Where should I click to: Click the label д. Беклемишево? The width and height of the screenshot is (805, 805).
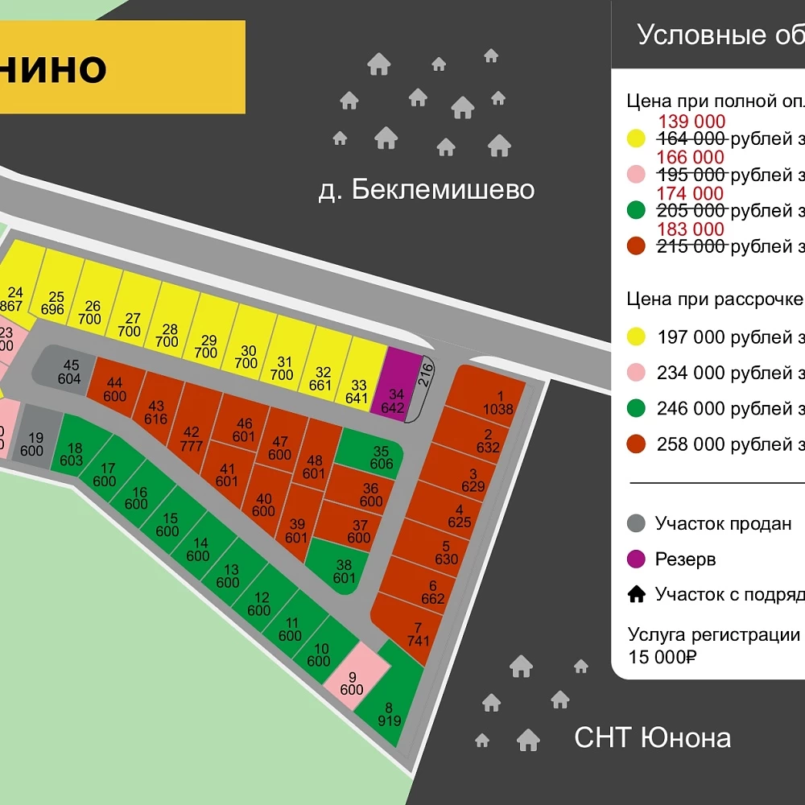point(426,190)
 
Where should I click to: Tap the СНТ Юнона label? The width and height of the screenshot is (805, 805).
point(652,737)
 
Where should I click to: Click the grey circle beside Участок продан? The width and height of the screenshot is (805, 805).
point(636,523)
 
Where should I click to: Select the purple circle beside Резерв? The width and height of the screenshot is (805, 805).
point(636,559)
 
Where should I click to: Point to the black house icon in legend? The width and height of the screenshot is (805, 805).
point(636,594)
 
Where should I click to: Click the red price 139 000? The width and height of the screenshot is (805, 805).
point(691,122)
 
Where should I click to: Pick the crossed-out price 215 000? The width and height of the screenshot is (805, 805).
point(691,246)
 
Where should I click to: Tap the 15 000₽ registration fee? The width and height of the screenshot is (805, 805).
point(662,656)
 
